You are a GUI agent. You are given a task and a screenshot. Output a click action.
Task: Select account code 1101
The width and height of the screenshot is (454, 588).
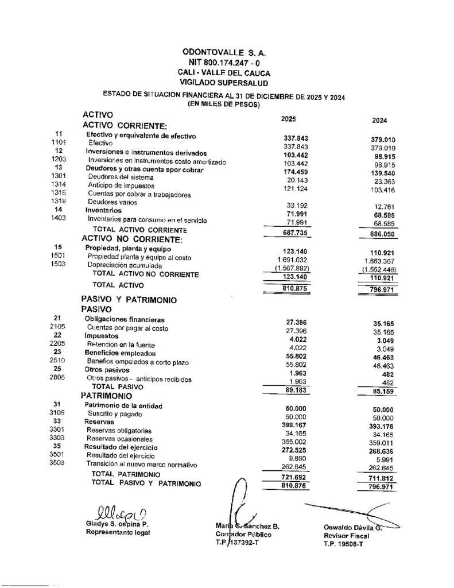coord(60,142)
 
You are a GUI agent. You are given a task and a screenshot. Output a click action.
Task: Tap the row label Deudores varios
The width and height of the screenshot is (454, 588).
coord(107,202)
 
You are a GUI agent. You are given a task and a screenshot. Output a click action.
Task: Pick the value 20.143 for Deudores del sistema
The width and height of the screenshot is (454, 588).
coord(297,180)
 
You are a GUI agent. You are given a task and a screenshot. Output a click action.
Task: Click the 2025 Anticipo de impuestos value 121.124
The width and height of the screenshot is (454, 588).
coord(297,189)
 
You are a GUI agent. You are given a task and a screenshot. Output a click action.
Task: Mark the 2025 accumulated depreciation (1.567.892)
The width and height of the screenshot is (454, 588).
coord(294,268)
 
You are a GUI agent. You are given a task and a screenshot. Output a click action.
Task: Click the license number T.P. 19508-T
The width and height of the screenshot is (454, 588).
coord(343,544)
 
